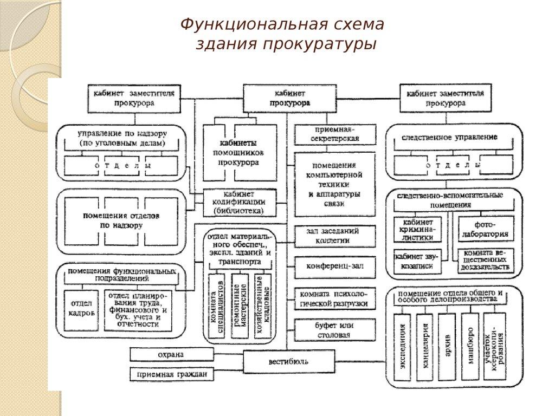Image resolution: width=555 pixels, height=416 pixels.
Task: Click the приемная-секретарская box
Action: pos(335,134)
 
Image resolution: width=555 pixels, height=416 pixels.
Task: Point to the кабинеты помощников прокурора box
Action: pos(240,152)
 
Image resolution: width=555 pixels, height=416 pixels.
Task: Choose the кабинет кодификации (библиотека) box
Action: pos(239,202)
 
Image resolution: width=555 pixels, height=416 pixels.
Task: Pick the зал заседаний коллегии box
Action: pos(335,236)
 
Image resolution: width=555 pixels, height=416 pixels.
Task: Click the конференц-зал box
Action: pos(335,266)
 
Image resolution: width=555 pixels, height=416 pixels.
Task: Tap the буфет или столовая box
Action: pos(335,330)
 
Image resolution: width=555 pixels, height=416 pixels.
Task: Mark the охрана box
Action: pos(171,355)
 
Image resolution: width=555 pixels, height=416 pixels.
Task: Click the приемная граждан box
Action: pos(171,374)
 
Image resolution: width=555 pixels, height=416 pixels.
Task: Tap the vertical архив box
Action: pos(447,347)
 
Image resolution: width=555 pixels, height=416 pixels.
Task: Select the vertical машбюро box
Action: pos(470,347)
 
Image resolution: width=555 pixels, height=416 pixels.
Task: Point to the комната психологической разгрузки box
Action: pos(335,298)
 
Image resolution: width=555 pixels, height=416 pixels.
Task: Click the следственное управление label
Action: pos(449,138)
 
